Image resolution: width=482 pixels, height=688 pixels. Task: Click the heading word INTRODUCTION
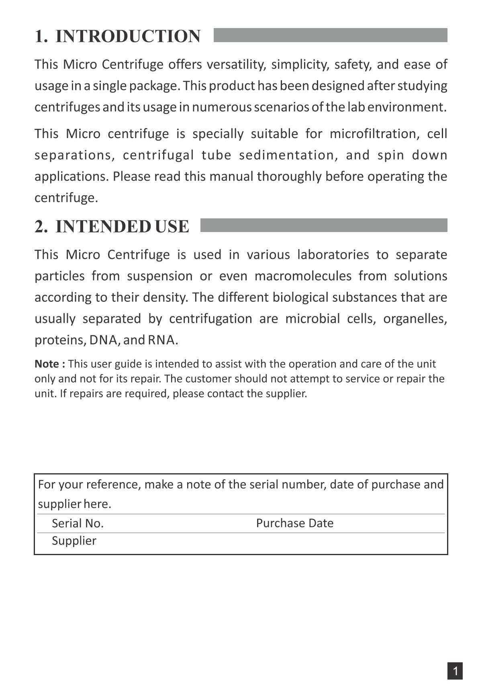pyautogui.click(x=128, y=36)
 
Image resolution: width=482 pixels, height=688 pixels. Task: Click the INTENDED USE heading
pyautogui.click(x=122, y=226)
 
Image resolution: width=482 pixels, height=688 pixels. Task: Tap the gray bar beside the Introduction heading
pyautogui.click(x=330, y=35)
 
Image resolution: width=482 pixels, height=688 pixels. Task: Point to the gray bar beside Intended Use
pyautogui.click(x=323, y=225)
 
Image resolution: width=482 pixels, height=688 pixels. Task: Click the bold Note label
pyautogui.click(x=49, y=364)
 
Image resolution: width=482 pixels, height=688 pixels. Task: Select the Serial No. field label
pyautogui.click(x=78, y=523)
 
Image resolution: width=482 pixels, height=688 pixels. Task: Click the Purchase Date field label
pyautogui.click(x=294, y=523)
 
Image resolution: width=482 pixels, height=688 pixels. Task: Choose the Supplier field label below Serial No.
pyautogui.click(x=74, y=541)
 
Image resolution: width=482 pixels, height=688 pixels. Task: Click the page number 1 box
pyautogui.click(x=455, y=671)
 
